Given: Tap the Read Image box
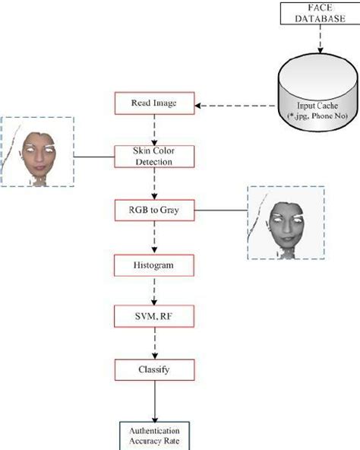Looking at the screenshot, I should tap(154, 103).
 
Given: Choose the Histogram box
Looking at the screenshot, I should tap(154, 265).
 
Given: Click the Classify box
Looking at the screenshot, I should tap(154, 371).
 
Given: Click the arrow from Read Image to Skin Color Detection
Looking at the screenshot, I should tap(155, 130).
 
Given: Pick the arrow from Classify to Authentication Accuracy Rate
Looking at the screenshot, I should tap(155, 399).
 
